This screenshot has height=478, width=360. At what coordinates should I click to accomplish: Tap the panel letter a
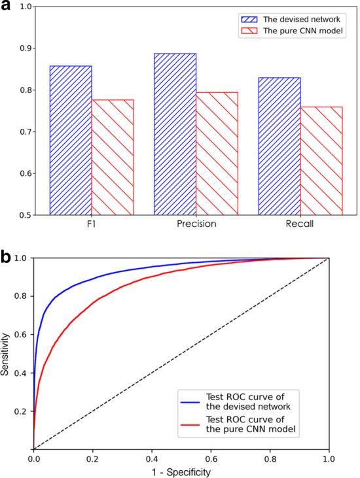[8, 8]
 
